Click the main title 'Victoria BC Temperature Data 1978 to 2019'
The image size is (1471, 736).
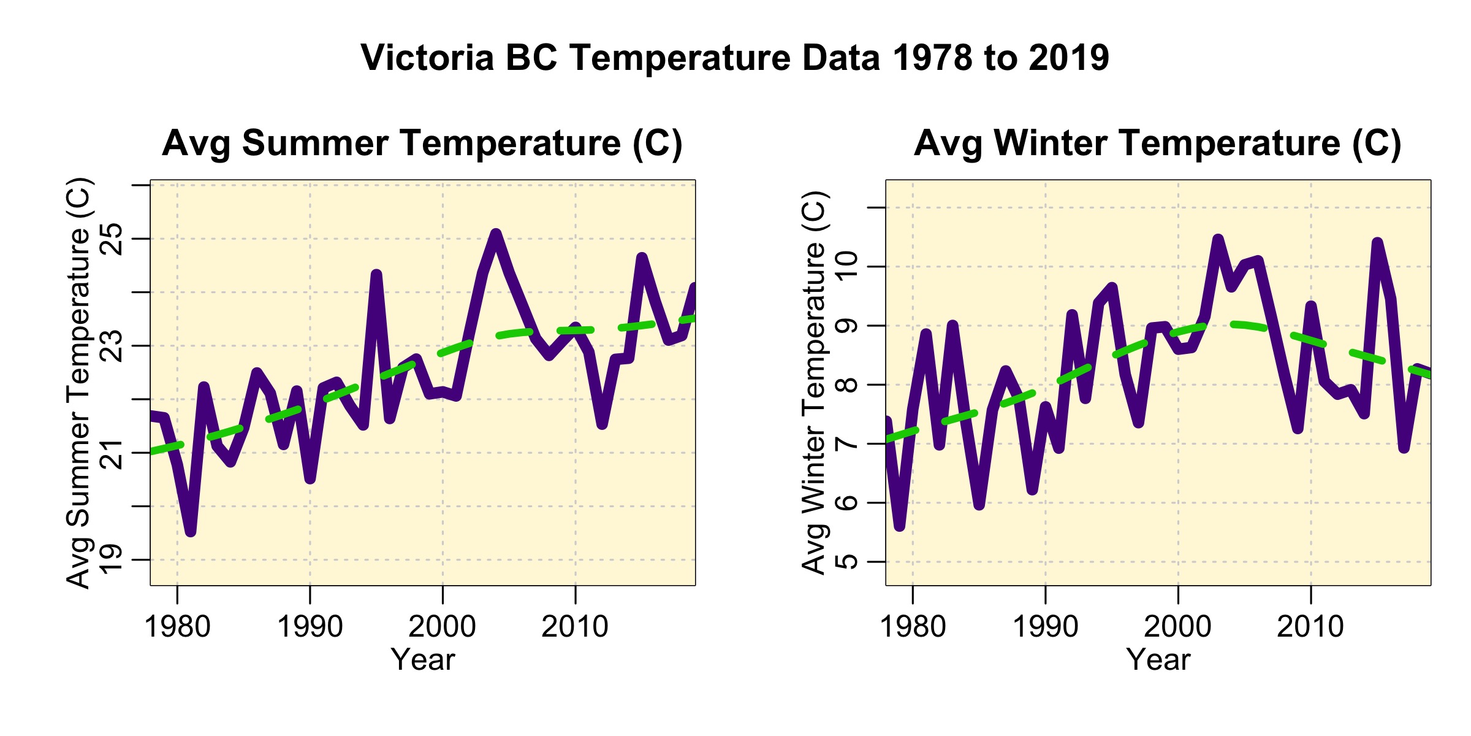(735, 58)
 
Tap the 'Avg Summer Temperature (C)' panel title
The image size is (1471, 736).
(422, 144)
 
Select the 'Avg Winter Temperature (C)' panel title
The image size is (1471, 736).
(1158, 144)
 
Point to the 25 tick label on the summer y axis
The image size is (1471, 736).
(111, 239)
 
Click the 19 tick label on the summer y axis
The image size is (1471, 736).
(111, 559)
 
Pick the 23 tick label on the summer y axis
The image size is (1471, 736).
(111, 346)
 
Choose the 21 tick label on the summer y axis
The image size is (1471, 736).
(111, 453)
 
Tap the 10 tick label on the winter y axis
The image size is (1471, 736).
(846, 266)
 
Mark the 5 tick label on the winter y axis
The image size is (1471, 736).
(846, 561)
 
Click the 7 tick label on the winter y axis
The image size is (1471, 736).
(846, 443)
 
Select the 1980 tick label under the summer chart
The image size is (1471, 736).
(177, 627)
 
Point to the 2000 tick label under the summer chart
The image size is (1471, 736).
(443, 627)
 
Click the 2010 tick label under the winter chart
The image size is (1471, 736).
(1310, 627)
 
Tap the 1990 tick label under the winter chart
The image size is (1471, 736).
(1045, 627)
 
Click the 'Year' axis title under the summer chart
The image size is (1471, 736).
(423, 660)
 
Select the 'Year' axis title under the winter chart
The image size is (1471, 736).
(1158, 660)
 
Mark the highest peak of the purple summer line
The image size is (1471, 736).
(496, 234)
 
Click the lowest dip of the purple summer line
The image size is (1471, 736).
(191, 532)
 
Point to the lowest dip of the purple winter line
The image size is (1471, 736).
(899, 526)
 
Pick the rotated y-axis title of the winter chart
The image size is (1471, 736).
(815, 383)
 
